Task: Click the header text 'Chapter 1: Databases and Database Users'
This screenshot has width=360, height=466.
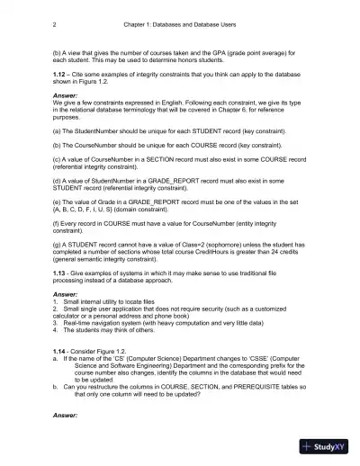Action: pyautogui.click(x=179, y=24)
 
